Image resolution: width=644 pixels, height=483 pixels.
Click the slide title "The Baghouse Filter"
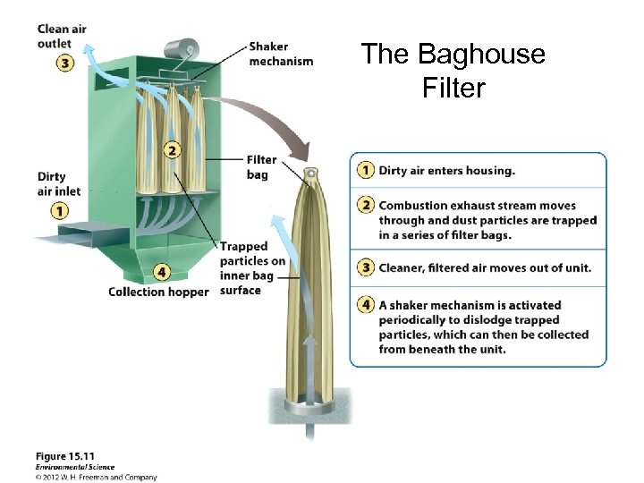(x=453, y=71)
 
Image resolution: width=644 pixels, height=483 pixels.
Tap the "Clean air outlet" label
(x=61, y=35)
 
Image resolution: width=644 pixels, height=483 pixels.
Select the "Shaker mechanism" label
(x=281, y=54)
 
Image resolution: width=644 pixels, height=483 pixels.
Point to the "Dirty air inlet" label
(x=59, y=183)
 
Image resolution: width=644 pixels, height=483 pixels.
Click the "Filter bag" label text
(x=261, y=167)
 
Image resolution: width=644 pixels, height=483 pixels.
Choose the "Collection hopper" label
(x=158, y=292)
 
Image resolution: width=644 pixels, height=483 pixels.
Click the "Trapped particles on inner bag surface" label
(x=252, y=268)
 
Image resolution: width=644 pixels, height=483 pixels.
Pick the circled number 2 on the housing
(x=171, y=149)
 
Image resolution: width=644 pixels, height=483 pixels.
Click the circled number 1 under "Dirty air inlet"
(x=59, y=211)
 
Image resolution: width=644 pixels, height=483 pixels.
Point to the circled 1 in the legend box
(x=365, y=170)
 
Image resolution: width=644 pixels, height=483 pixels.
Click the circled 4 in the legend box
(x=365, y=304)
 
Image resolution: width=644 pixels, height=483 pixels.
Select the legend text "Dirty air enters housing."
(x=446, y=170)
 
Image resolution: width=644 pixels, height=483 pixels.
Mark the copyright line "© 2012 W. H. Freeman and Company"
(x=97, y=477)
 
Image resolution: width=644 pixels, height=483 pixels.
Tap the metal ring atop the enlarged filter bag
(x=310, y=171)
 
